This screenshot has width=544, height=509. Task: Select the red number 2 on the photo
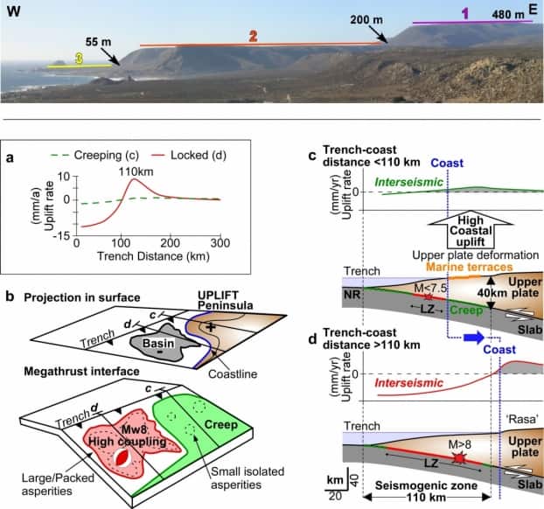tap(253, 36)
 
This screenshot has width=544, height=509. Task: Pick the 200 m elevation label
tap(359, 18)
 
